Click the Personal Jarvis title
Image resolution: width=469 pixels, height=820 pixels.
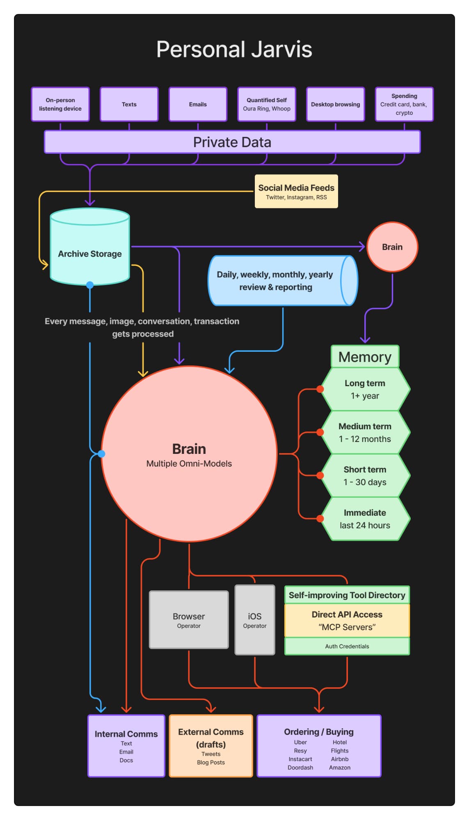pos(234,50)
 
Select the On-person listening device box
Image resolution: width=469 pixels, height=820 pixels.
pos(60,104)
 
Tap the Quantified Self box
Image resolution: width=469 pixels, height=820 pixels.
pos(266,104)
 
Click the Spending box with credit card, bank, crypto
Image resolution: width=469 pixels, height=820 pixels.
pos(404,104)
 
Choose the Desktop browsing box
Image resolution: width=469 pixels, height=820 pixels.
pos(335,104)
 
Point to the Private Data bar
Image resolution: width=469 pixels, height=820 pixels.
pos(232,142)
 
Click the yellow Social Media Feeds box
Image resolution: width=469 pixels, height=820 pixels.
pos(296,191)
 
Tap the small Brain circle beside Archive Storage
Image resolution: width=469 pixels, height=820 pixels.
pos(392,247)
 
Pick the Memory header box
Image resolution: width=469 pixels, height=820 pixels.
pos(364,357)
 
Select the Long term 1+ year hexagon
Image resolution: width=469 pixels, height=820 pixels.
pos(365,389)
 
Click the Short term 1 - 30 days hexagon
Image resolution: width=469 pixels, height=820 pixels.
pos(365,476)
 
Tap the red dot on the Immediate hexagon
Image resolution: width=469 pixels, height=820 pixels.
pos(320,519)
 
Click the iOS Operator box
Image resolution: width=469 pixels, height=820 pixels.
pos(254,620)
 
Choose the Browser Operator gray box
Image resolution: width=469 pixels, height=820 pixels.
pos(188,620)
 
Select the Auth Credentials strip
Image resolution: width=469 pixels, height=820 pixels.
pos(347,646)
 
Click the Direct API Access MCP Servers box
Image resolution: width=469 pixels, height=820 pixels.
pos(347,620)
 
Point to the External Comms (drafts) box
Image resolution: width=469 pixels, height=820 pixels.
pos(210,745)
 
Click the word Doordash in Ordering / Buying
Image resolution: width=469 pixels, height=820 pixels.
pos(300,768)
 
